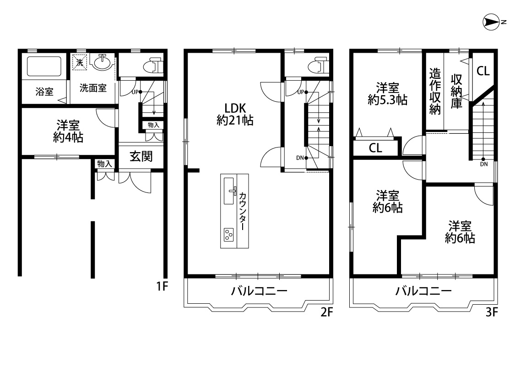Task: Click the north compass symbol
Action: (492, 22)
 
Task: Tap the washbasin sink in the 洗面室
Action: (103, 62)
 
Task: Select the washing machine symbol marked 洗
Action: (80, 62)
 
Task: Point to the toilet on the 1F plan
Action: (153, 66)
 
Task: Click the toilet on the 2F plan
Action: (318, 66)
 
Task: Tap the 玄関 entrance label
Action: (141, 156)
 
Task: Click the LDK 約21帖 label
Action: (235, 115)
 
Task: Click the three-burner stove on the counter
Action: (228, 234)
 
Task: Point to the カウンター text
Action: (242, 211)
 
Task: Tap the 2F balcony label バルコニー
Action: (259, 291)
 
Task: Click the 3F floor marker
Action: (492, 312)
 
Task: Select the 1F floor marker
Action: (162, 287)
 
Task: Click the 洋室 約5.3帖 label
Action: (388, 94)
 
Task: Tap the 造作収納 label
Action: (435, 91)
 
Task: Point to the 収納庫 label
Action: (456, 91)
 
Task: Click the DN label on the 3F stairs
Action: (484, 164)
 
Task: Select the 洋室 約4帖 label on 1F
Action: (68, 131)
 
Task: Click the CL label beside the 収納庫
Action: (483, 71)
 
